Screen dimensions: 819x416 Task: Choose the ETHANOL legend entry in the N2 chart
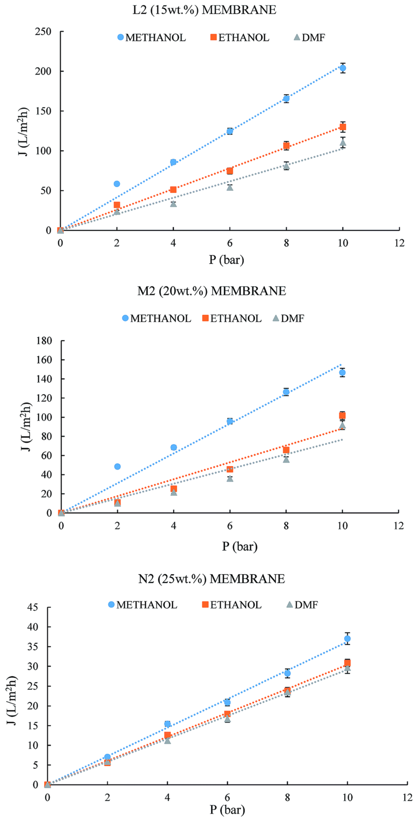(x=232, y=604)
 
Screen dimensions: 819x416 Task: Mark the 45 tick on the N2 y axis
(x=32, y=607)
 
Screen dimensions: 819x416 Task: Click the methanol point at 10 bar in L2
(x=343, y=68)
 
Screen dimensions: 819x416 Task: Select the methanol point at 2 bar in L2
(x=117, y=184)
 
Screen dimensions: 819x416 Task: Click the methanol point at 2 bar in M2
(x=117, y=466)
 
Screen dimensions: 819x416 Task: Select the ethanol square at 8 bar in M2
(x=286, y=450)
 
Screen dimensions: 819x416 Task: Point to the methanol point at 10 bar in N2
(x=347, y=638)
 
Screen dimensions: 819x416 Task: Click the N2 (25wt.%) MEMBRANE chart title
(x=211, y=579)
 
